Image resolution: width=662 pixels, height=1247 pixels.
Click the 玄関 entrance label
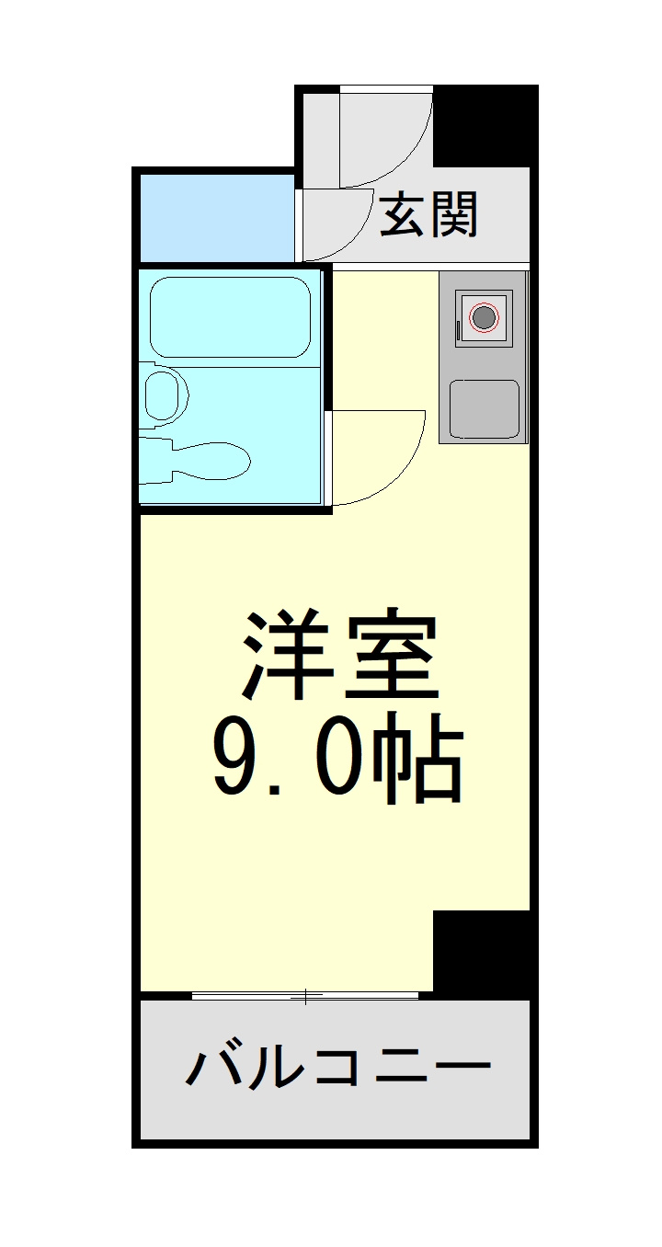pos(428,214)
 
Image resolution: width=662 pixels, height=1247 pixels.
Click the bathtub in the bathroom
pos(229,316)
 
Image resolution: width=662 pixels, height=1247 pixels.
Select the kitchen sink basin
pos(484,409)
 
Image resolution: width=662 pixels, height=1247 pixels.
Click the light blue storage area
pos(217,218)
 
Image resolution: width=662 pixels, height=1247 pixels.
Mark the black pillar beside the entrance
pos(485,126)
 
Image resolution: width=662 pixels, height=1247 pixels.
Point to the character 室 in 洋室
pos(392,656)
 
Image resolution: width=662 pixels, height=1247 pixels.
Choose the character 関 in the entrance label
pos(454,214)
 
